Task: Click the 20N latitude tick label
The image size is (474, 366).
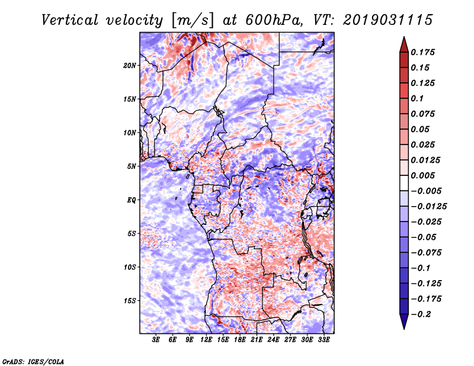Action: [130, 65]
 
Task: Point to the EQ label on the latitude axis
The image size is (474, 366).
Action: [132, 200]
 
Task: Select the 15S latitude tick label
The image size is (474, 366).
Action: [130, 300]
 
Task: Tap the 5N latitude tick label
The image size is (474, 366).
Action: [132, 166]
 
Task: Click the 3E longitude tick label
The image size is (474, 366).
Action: [156, 340]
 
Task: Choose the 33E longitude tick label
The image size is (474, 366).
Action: [324, 340]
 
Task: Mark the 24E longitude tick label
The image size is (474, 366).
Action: [274, 340]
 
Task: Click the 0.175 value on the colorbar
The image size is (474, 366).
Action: [424, 52]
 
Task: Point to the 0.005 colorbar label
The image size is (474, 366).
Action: [424, 175]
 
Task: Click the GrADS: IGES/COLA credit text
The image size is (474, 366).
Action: [33, 361]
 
